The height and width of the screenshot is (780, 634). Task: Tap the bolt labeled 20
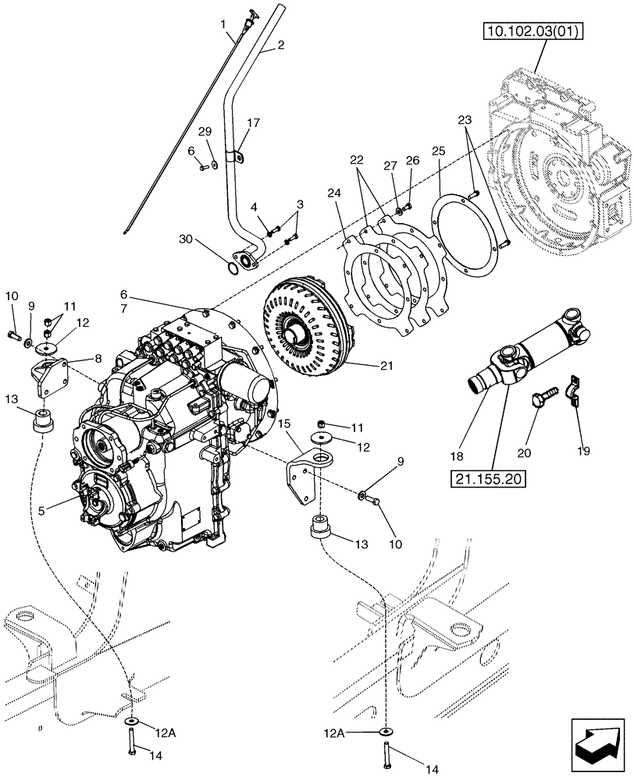(x=541, y=396)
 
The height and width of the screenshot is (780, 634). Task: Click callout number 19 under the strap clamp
(x=586, y=450)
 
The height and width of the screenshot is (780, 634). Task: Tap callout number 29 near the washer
(x=205, y=131)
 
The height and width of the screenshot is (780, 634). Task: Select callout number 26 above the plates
(x=412, y=161)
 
